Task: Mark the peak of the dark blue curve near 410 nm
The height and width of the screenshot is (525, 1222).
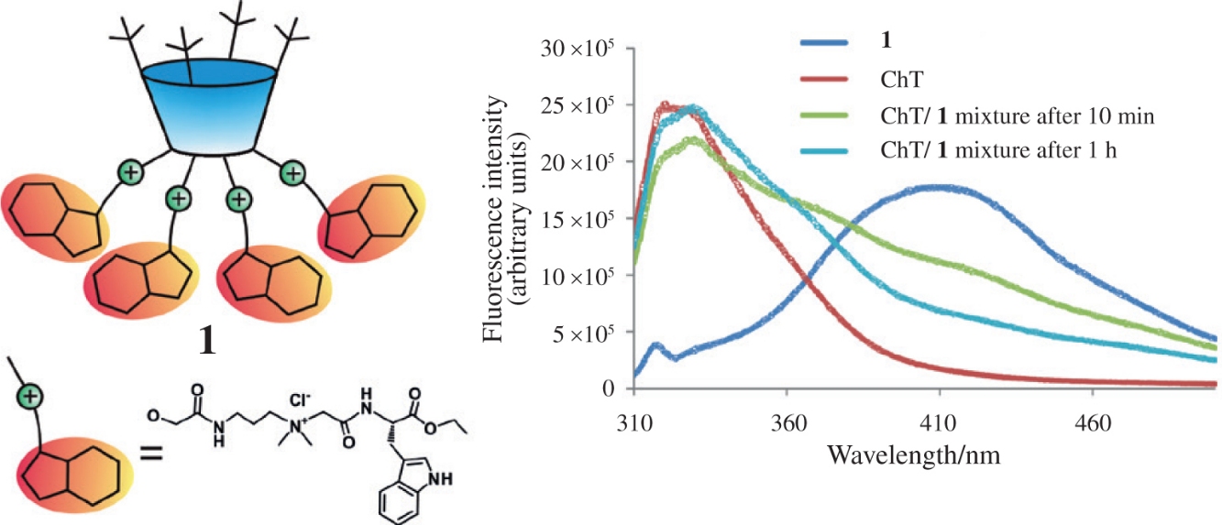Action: (940, 188)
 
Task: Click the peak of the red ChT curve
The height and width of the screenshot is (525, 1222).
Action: (666, 104)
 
